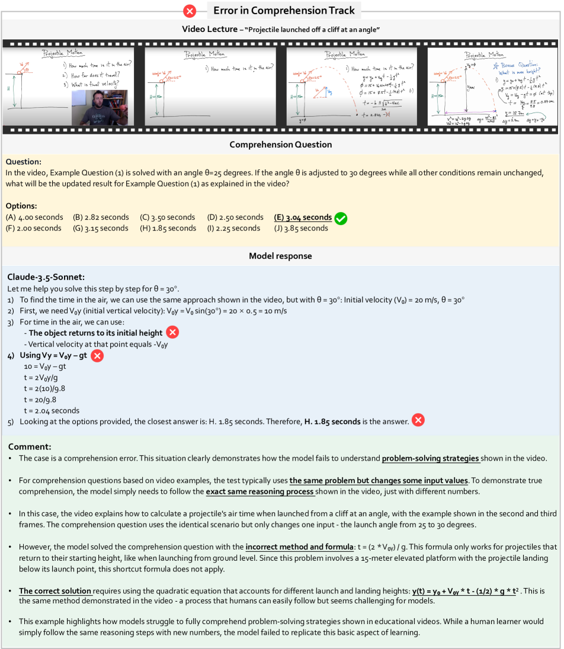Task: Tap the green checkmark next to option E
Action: (341, 219)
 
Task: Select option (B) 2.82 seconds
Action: (100, 217)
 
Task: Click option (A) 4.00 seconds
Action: (34, 217)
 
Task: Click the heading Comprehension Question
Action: (280, 144)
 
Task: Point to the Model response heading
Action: (280, 256)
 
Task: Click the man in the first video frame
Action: (99, 107)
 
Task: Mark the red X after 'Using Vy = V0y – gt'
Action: (97, 355)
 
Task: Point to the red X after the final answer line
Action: (418, 421)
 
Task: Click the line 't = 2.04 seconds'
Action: (52, 410)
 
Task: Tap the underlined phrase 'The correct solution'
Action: (55, 591)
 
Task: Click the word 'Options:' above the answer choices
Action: (23, 205)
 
